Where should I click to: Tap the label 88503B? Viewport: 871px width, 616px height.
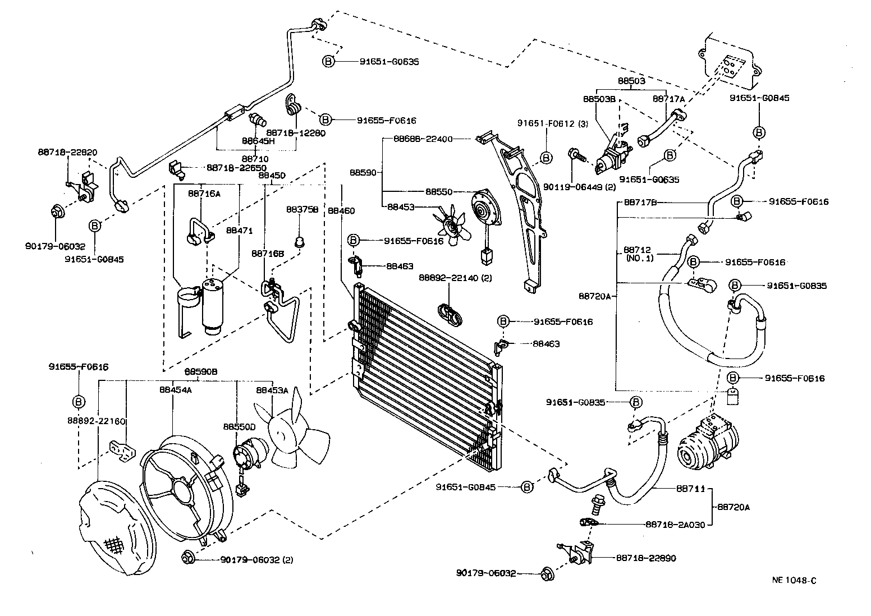click(x=599, y=99)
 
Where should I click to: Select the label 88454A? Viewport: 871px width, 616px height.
click(x=176, y=390)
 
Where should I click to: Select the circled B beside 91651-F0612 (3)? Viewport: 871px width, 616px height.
click(x=545, y=158)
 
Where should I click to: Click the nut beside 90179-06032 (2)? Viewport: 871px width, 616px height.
click(x=189, y=558)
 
